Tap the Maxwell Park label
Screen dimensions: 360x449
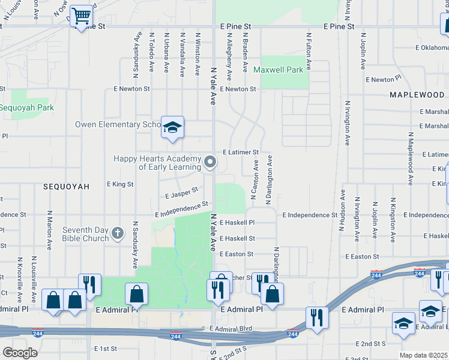point(278,70)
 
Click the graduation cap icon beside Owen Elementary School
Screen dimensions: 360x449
point(172,127)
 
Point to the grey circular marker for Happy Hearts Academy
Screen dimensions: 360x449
point(210,162)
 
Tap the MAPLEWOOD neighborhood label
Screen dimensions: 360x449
point(417,95)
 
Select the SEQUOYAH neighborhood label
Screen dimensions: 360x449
point(66,187)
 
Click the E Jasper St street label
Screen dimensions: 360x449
point(182,194)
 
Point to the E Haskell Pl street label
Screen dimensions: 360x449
point(237,222)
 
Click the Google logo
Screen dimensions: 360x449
point(20,353)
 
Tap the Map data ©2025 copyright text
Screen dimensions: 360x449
point(424,355)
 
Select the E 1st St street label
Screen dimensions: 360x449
point(105,348)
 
